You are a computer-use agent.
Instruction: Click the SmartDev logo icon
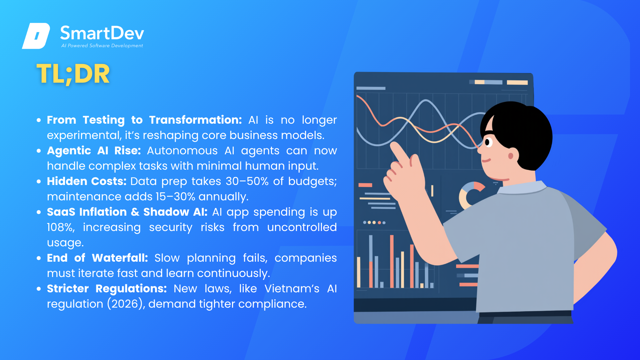[36, 36]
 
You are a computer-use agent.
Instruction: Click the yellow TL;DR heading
[73, 74]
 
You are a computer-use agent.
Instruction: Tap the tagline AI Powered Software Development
[102, 46]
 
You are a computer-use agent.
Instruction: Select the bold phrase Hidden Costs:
[87, 181]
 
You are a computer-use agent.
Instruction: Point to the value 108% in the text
[61, 227]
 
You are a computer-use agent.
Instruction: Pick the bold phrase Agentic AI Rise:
[94, 151]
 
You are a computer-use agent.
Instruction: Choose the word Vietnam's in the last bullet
[292, 289]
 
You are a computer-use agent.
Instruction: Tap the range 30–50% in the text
[247, 181]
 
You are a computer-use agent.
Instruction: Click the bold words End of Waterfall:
[97, 258]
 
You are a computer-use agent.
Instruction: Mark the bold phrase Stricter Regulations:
[107, 289]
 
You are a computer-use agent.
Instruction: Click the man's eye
[489, 142]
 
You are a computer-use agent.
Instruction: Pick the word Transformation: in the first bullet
[195, 120]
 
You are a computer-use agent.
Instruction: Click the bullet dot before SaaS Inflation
[39, 212]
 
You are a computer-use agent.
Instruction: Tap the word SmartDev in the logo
[102, 33]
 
